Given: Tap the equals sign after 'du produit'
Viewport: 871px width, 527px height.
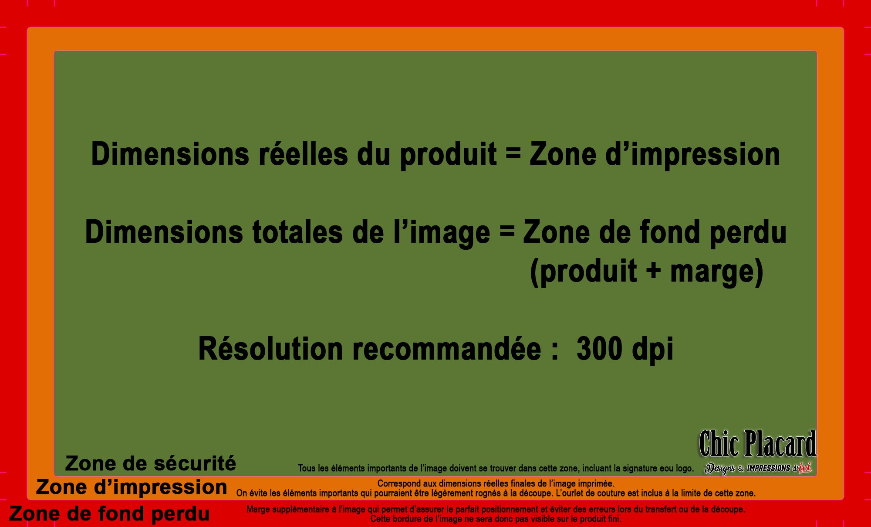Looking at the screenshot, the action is (x=513, y=153).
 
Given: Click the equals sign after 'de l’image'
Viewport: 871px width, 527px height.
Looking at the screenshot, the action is (x=506, y=231).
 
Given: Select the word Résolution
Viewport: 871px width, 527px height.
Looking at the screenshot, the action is (x=270, y=349).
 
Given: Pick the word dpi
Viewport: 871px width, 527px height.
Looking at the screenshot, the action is (x=652, y=350).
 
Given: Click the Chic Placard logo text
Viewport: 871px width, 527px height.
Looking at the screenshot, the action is (x=757, y=444).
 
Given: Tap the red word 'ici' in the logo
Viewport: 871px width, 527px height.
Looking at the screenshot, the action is (x=805, y=468).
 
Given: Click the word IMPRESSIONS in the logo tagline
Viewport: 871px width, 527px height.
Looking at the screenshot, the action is (x=768, y=468).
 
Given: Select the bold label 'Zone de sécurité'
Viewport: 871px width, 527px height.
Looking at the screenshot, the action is (x=151, y=463).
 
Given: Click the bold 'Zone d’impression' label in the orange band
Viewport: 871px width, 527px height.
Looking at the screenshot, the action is (x=132, y=487).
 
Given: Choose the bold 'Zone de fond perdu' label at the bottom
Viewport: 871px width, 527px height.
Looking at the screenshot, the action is (x=109, y=513).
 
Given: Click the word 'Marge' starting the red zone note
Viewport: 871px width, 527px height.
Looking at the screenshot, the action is (x=258, y=509).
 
